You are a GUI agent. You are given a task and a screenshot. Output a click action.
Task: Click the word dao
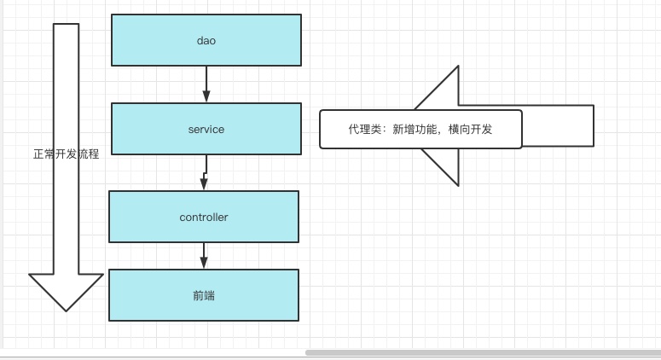coord(206,40)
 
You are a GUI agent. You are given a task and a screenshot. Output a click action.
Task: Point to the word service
coord(206,130)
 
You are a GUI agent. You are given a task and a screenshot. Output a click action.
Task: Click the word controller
coord(204,218)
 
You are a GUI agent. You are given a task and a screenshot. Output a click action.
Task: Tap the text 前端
coord(204,296)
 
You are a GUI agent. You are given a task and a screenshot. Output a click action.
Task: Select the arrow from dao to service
coord(206,82)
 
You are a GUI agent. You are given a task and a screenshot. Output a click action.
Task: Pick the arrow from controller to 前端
coord(204,254)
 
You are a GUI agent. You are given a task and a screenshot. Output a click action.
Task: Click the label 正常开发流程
coord(66,154)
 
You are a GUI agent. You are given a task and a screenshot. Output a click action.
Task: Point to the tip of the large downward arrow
coord(66,309)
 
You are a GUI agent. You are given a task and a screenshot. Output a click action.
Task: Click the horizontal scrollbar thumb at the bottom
coord(483,352)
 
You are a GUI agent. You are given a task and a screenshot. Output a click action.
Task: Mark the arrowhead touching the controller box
coord(204,186)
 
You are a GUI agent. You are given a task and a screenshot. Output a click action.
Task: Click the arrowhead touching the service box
coord(206,98)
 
